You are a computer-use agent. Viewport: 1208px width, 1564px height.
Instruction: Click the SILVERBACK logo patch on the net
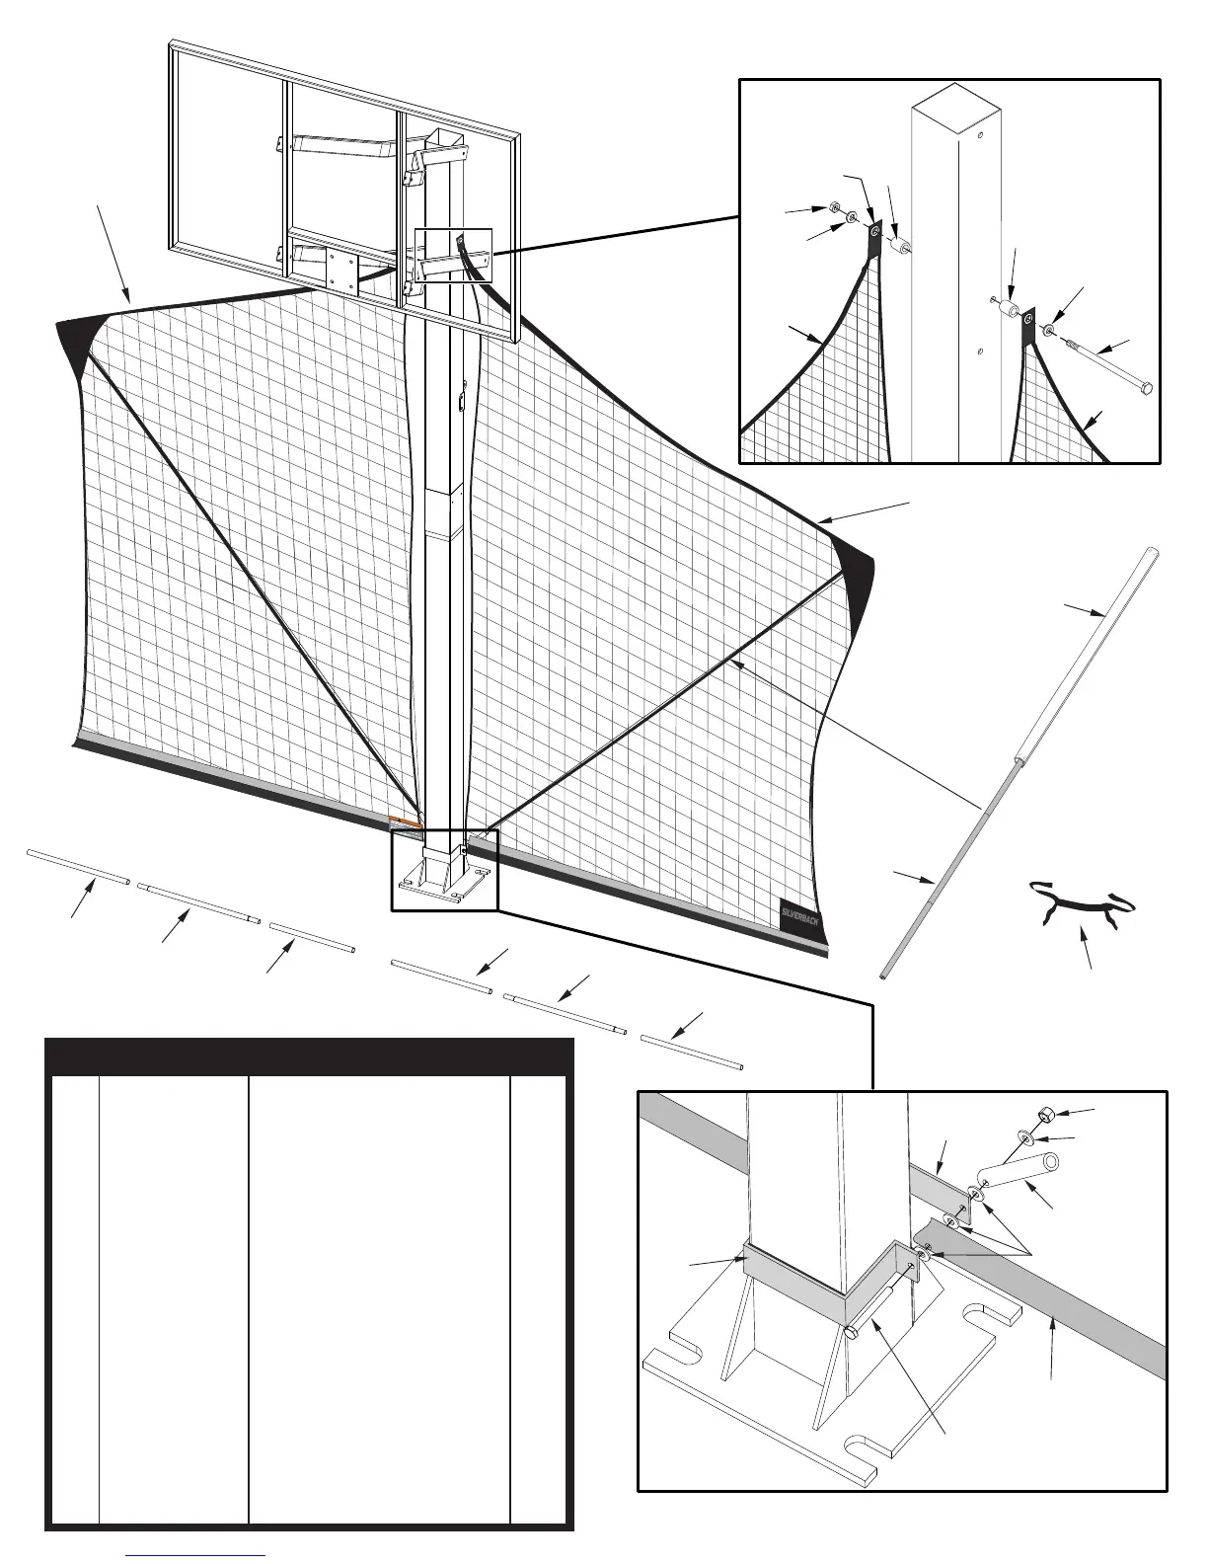[800, 917]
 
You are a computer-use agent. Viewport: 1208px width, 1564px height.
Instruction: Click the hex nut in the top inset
[833, 210]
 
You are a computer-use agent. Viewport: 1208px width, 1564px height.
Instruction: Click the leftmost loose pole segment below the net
[78, 864]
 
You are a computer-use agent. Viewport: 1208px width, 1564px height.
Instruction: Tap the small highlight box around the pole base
[445, 870]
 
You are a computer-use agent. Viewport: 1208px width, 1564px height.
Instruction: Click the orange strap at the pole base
[406, 821]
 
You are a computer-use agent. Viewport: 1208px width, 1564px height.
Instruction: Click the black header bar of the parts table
[310, 1057]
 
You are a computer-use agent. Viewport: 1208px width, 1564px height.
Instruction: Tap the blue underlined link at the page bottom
[196, 1555]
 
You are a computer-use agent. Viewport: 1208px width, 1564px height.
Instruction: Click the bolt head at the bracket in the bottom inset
[850, 1333]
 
